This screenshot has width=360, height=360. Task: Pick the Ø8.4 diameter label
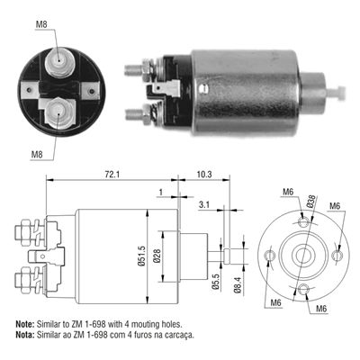236,284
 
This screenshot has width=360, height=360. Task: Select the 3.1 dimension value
205,206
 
